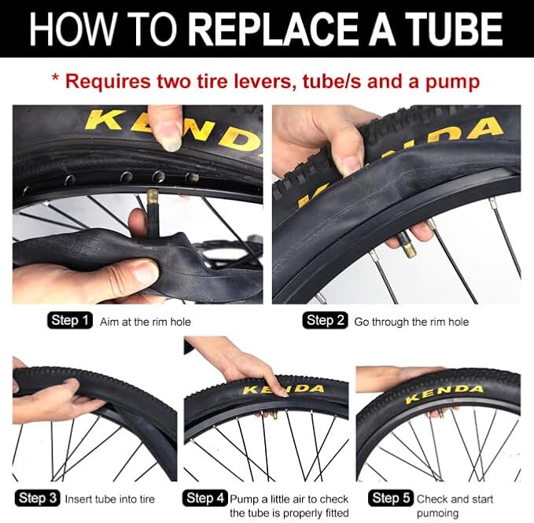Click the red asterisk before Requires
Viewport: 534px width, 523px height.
(x=55, y=79)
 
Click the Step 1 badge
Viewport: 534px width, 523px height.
(x=70, y=320)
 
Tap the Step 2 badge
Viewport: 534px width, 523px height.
(x=326, y=320)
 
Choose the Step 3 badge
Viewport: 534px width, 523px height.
(x=38, y=498)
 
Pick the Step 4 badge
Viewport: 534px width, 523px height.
(x=205, y=498)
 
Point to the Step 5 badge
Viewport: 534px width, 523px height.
(x=391, y=498)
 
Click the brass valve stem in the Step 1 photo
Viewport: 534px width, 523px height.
(x=153, y=204)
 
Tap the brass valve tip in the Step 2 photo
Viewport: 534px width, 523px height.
(x=408, y=249)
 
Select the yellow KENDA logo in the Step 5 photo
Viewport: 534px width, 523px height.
(x=444, y=393)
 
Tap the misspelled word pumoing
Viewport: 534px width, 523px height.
(x=437, y=513)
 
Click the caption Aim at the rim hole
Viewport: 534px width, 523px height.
(x=145, y=322)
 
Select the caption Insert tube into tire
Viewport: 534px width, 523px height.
(x=109, y=499)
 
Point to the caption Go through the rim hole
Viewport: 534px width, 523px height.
(x=411, y=322)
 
